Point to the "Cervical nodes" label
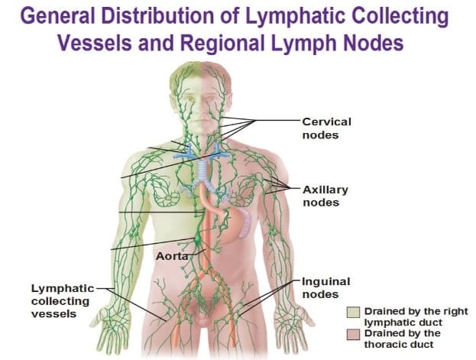(x=326, y=128)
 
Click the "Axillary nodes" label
(x=325, y=195)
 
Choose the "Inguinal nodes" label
(x=325, y=287)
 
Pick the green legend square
(x=352, y=312)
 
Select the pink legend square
(x=352, y=334)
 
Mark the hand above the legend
(x=298, y=316)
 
